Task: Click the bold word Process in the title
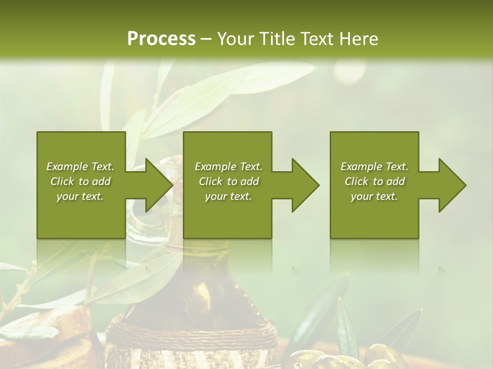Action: (x=161, y=39)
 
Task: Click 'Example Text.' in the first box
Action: (x=80, y=167)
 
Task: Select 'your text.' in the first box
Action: (x=80, y=196)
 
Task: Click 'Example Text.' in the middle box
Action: (x=229, y=167)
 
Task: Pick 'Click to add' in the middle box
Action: (x=229, y=181)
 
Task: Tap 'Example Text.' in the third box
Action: (x=374, y=167)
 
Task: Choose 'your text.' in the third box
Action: (x=374, y=196)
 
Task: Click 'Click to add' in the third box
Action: (x=374, y=181)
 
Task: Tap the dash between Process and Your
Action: (x=206, y=39)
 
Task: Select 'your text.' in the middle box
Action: (x=229, y=196)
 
